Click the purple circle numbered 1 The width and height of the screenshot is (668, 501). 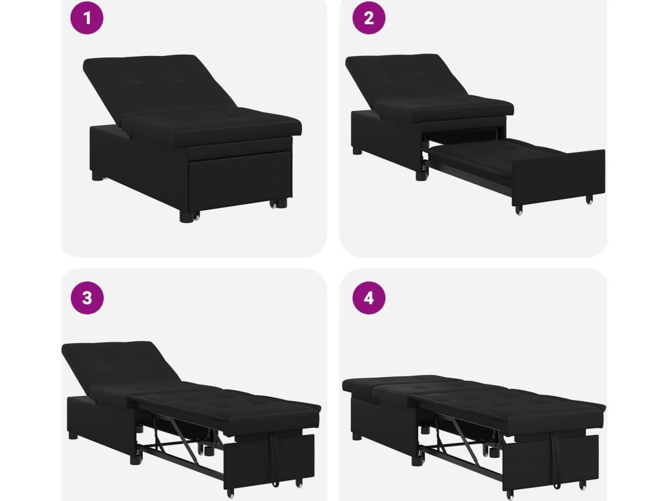click(87, 18)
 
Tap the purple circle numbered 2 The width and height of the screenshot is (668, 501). click(369, 18)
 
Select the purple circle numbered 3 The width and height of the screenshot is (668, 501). click(87, 297)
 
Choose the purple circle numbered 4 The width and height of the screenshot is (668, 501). click(369, 297)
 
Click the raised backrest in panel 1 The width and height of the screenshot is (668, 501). click(158, 85)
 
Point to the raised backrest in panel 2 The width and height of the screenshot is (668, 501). click(404, 79)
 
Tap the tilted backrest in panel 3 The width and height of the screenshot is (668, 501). click(119, 367)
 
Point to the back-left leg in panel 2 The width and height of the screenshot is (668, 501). click(357, 151)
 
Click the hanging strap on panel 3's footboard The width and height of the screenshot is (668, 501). click(275, 457)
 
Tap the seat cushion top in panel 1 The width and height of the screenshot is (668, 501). click(213, 123)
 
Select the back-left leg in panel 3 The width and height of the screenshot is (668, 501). click(73, 436)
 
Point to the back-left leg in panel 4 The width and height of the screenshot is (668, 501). click(357, 436)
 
